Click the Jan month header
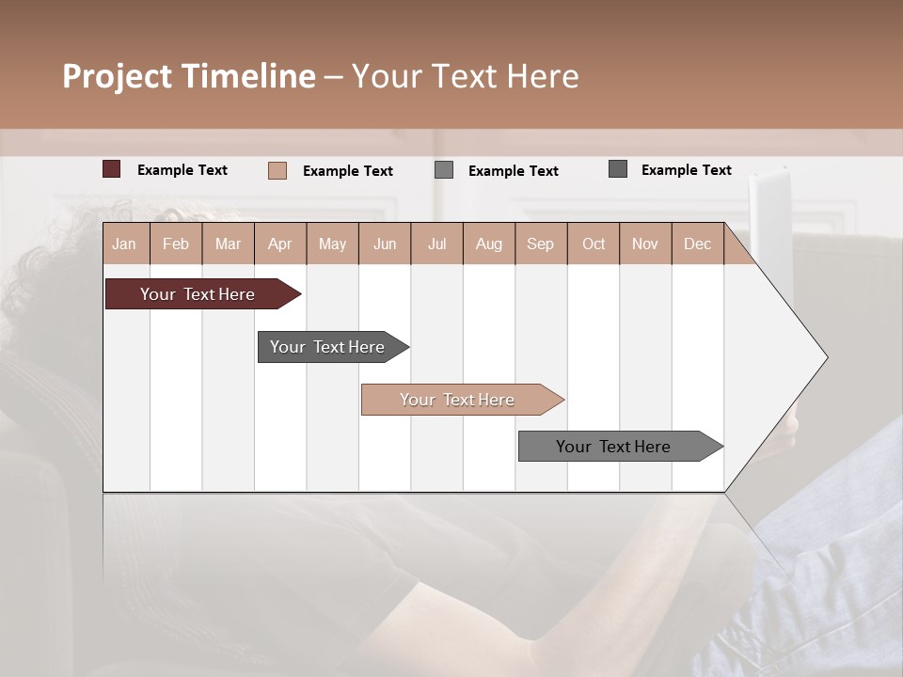[x=124, y=244]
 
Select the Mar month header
[x=228, y=244]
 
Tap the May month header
[x=332, y=244]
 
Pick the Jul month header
[x=436, y=244]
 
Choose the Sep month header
[x=540, y=244]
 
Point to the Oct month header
[x=594, y=244]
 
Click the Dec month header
[x=697, y=244]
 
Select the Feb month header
[x=176, y=244]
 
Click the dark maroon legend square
[x=112, y=169]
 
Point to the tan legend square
[x=277, y=170]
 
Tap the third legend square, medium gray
[x=444, y=170]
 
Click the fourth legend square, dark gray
[x=618, y=169]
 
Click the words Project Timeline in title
[x=189, y=76]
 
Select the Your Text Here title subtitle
[x=465, y=76]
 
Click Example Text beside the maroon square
[x=182, y=170]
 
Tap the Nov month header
[x=644, y=244]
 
